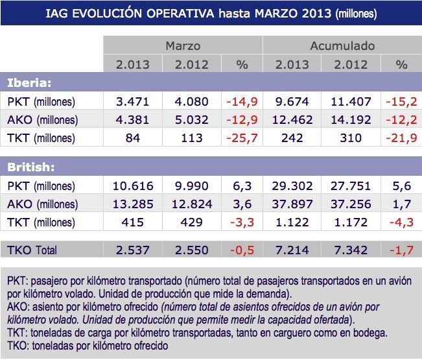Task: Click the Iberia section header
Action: [29, 83]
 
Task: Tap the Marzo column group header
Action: [183, 46]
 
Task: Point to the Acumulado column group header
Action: [342, 46]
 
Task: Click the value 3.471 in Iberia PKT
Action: [132, 102]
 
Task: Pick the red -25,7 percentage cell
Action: [242, 138]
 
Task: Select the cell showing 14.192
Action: [351, 119]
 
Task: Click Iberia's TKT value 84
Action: [132, 138]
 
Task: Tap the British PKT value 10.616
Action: [132, 186]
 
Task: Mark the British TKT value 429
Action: [189, 222]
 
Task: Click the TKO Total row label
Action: [32, 250]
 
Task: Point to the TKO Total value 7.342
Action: [351, 250]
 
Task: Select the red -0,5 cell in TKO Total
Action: [242, 250]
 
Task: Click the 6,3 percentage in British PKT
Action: [242, 186]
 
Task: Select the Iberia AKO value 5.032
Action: [189, 119]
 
